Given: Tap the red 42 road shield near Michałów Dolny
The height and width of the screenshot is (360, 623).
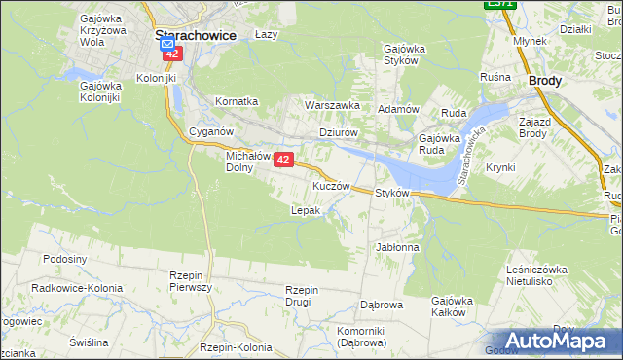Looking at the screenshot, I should point(283,159).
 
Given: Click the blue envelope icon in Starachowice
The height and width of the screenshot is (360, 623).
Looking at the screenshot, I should point(166,45).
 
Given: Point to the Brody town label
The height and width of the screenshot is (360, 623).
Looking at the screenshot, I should point(544,82).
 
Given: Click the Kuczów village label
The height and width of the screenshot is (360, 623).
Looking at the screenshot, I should point(331,185).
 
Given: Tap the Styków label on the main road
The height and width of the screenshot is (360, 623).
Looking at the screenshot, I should point(397,194).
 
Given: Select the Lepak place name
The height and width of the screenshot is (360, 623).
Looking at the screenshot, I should point(306,210).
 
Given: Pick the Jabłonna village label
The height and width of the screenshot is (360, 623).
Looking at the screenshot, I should point(397,247).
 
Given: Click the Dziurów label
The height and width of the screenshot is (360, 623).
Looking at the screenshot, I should point(340,133).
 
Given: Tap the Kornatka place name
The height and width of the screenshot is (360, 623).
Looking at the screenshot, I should point(237,101).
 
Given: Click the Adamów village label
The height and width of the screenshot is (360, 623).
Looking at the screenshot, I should point(398,109).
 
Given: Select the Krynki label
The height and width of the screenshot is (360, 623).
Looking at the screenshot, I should point(499,167).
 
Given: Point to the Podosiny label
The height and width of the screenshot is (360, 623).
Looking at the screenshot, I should point(65,259).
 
